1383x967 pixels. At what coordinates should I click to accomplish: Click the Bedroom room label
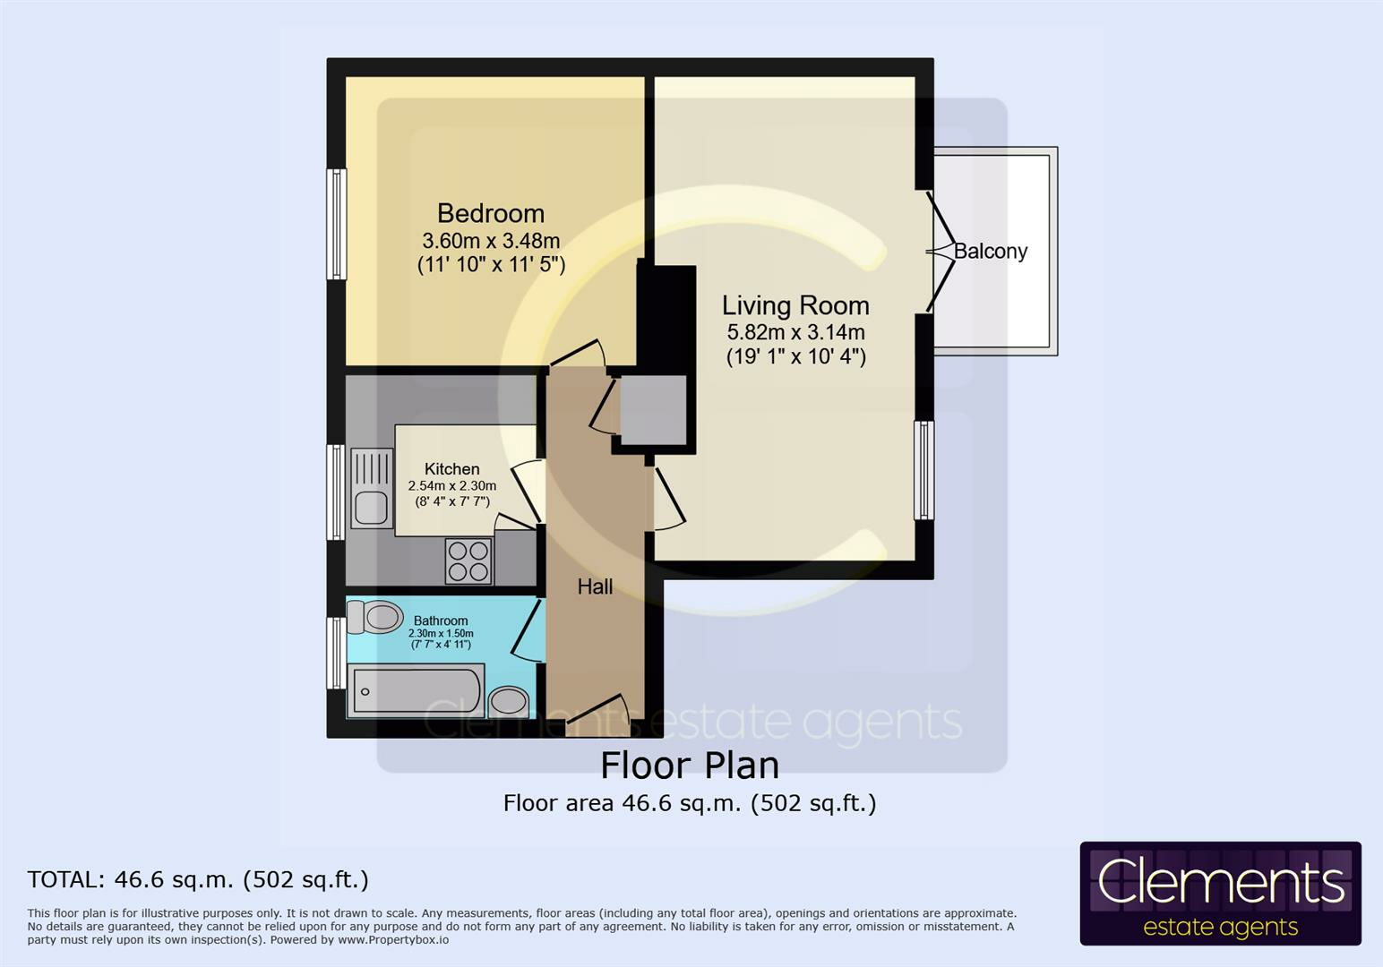point(491,213)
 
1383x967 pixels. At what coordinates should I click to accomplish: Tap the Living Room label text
point(795,305)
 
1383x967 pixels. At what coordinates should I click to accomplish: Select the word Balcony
point(991,252)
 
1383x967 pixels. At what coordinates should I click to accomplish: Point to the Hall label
point(595,586)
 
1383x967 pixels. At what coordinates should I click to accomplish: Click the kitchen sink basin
point(371,508)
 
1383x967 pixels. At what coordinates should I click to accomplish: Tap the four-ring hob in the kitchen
point(468,561)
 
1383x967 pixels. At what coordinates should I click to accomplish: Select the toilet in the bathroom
point(374,617)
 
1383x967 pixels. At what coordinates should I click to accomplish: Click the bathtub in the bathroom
point(416,691)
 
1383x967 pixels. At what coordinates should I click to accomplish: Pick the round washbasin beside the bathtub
point(509,702)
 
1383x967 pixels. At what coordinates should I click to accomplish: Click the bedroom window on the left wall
point(337,224)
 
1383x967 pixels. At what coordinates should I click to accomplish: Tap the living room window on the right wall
point(923,470)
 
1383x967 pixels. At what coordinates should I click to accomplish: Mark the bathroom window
point(337,653)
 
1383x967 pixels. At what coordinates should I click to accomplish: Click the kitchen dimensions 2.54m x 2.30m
point(452,485)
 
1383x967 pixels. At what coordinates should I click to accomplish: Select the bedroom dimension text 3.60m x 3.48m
point(491,240)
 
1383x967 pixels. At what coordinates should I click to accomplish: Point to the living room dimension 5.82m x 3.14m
point(795,332)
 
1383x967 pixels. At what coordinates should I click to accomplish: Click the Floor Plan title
point(690,766)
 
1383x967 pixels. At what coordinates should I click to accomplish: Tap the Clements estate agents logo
point(1220,893)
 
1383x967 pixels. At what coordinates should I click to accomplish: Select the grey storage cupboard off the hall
point(653,410)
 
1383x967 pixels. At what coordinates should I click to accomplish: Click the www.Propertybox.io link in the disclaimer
point(392,940)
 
